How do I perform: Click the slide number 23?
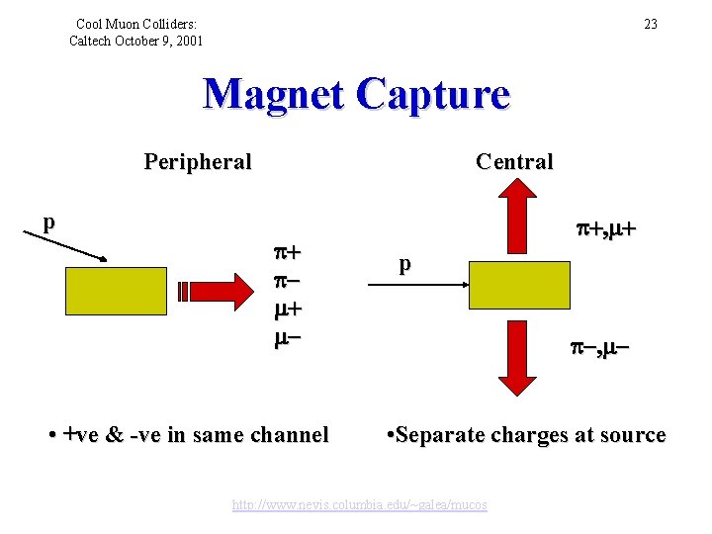tap(650, 24)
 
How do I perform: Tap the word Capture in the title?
tap(436, 95)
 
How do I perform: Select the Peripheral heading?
tap(198, 161)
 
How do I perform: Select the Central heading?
tap(514, 161)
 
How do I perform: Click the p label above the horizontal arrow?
tap(404, 264)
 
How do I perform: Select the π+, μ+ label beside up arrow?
tap(605, 229)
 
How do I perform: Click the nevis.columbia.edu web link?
tap(360, 504)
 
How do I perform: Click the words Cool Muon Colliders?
tap(136, 23)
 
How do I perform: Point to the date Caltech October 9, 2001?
tap(136, 41)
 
